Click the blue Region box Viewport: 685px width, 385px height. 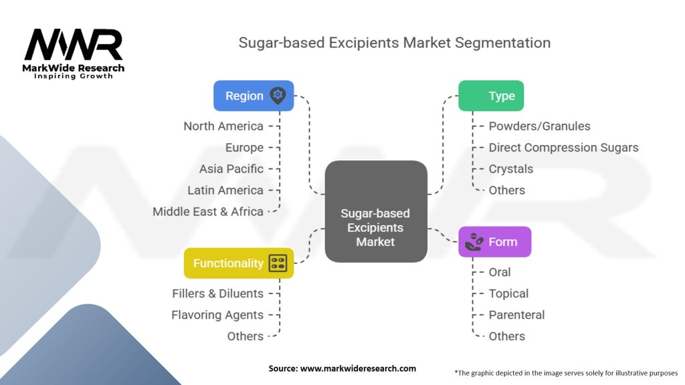point(253,96)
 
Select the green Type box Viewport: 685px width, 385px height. point(490,96)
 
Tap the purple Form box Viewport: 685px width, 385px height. point(494,242)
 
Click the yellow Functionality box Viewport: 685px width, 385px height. point(238,263)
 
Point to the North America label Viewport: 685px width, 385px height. point(223,126)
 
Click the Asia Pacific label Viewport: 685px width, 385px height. point(231,169)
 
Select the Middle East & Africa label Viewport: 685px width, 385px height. point(207,212)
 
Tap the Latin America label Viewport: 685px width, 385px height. point(225,190)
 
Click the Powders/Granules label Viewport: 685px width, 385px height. point(539,126)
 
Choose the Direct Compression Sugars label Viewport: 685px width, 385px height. point(563,148)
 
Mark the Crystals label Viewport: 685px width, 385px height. point(510,169)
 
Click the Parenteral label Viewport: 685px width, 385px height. point(516,315)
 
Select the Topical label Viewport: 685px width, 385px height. point(508,293)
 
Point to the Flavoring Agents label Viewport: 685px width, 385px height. point(217,315)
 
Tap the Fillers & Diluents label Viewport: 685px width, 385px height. point(217,293)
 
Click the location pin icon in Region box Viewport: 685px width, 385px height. point(277,96)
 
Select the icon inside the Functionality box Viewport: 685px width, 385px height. point(278,263)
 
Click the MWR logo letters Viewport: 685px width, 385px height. point(74,45)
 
